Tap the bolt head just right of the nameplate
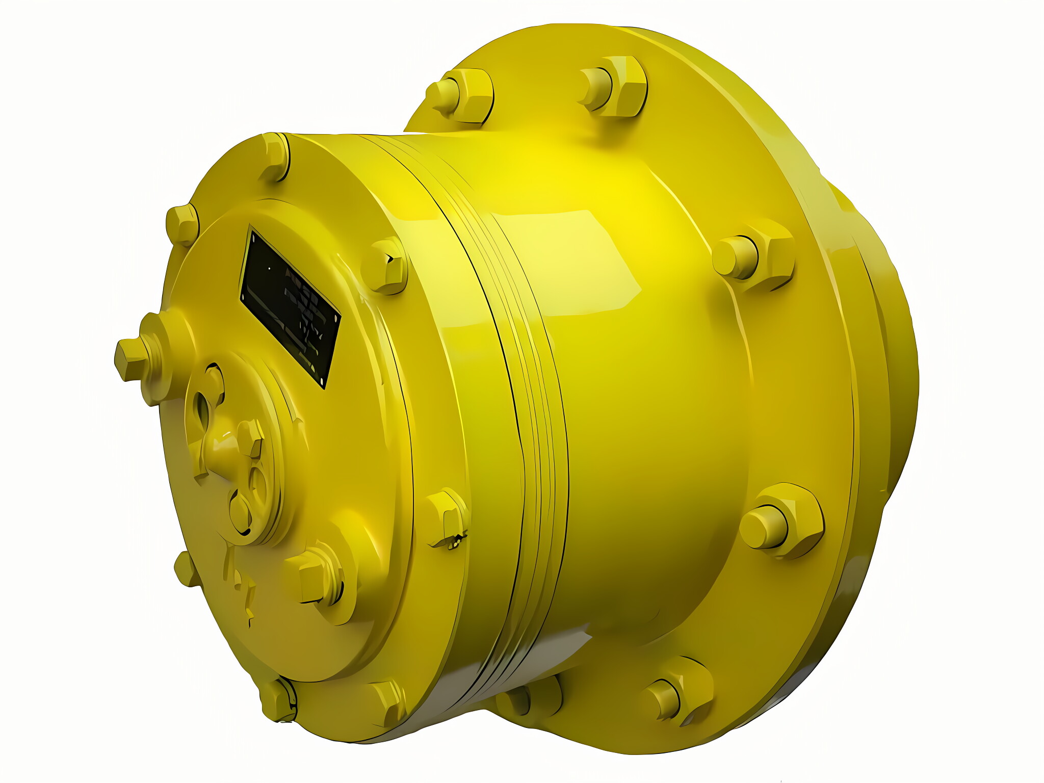click(x=386, y=266)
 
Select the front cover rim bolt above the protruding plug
click(x=182, y=224)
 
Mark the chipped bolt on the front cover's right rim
click(x=447, y=517)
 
